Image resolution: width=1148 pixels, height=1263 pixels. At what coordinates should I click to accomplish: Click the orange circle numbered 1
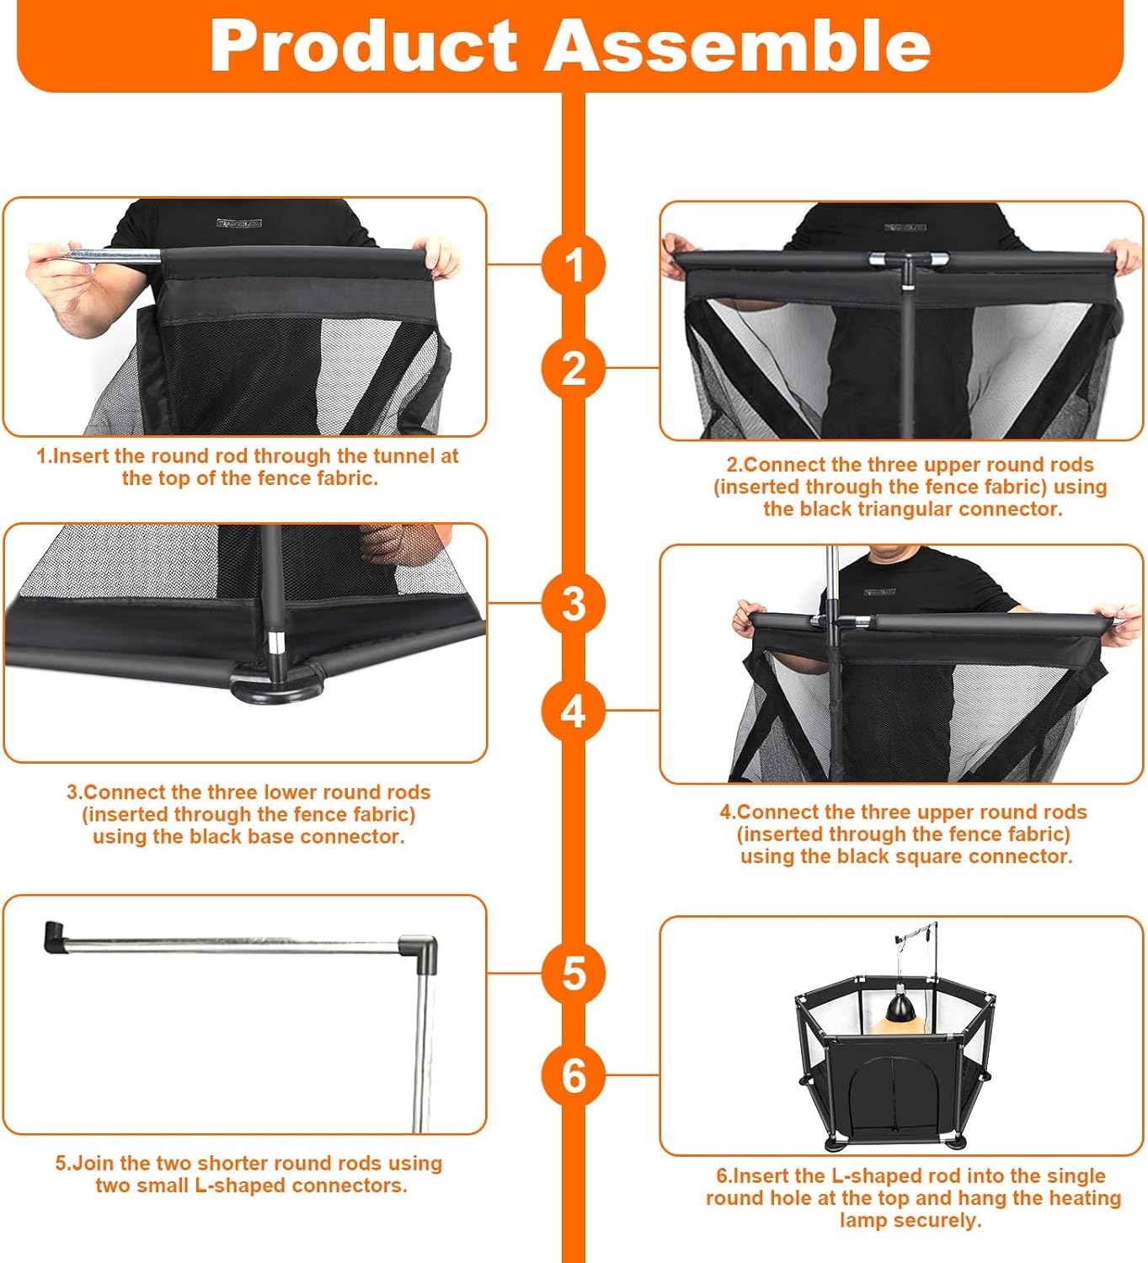point(574,264)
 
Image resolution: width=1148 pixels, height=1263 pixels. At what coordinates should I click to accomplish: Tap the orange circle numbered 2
point(574,368)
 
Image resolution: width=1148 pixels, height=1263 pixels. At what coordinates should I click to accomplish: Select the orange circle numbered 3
point(574,603)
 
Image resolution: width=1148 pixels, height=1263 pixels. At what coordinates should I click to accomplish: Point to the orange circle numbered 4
point(574,711)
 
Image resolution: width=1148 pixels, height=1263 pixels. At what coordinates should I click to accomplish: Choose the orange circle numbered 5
point(574,973)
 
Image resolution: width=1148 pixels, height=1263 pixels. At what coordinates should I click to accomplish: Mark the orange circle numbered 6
point(574,1075)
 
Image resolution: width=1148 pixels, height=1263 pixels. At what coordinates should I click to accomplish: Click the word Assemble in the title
point(738,45)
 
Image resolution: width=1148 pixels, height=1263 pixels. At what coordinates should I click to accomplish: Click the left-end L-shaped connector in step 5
point(55,936)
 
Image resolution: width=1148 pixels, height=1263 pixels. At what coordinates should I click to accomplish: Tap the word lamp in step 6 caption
point(862,1220)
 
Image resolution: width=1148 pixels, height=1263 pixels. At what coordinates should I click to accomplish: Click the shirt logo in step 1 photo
point(239,223)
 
